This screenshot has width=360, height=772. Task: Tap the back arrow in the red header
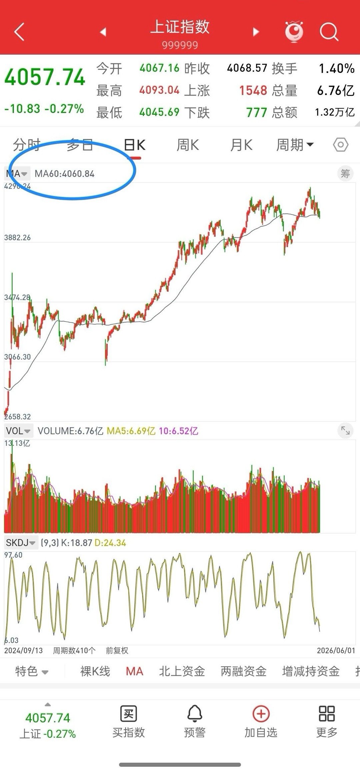[x=19, y=32]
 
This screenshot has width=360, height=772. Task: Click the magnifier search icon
[x=329, y=32]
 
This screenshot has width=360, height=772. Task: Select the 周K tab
[x=188, y=145]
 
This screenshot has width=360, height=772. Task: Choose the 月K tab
[x=241, y=145]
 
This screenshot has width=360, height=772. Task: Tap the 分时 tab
[x=27, y=145]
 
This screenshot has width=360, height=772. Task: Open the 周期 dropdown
[x=295, y=145]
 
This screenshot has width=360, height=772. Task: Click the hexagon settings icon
[x=341, y=145]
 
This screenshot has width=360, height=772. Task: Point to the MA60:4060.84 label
[x=65, y=174]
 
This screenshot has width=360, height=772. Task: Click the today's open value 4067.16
[x=160, y=68]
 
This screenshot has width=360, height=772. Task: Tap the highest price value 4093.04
[x=160, y=90]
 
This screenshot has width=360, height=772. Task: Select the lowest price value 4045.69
[x=160, y=112]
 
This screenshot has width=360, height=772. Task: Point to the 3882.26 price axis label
[x=17, y=238]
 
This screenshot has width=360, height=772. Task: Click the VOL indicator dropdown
[x=18, y=431]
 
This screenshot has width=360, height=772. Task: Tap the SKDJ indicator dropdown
[x=21, y=543]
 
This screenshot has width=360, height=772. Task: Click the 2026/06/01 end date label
[x=336, y=650]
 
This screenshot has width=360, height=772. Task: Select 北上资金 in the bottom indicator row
[x=182, y=671]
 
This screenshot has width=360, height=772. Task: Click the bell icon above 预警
[x=195, y=714]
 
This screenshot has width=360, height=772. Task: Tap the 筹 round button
[x=345, y=174]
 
